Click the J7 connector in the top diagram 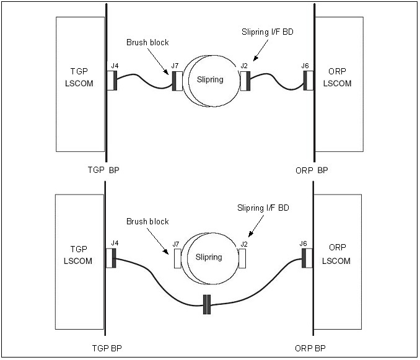[x=176, y=81]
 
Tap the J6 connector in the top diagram [x=307, y=80]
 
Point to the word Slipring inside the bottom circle [x=208, y=257]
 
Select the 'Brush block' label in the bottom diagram [x=147, y=221]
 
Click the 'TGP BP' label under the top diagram [x=102, y=169]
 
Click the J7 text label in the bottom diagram [x=176, y=245]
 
